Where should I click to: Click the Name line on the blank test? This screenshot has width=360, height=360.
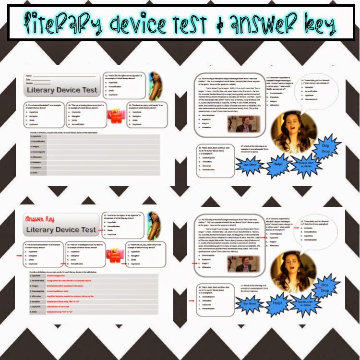coord(43,76)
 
